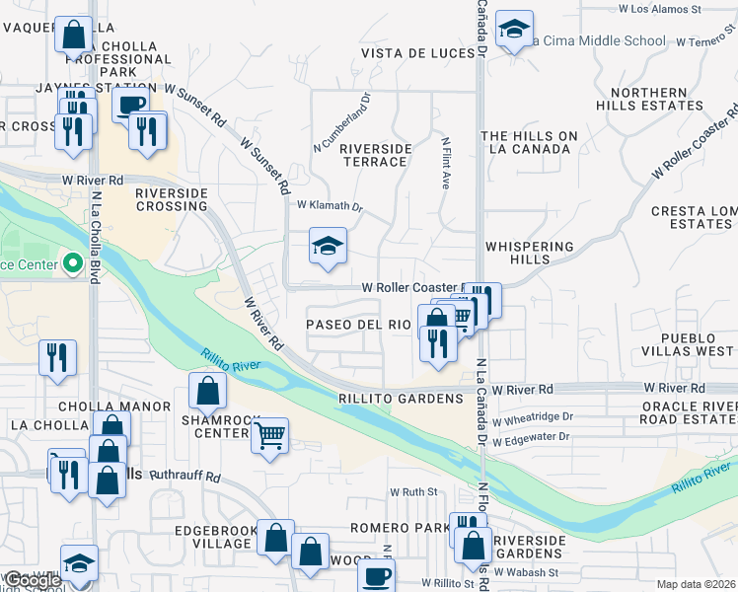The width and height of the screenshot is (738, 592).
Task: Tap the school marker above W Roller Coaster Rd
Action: point(328,247)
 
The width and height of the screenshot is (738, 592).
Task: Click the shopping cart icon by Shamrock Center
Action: point(269,435)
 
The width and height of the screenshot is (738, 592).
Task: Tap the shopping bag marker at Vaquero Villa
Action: point(73,37)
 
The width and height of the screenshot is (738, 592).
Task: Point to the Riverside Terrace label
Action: point(375,155)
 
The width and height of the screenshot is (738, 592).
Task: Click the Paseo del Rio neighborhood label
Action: point(358,324)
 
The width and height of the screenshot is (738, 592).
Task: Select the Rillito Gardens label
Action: point(401,399)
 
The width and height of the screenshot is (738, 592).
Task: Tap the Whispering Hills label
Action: point(528,253)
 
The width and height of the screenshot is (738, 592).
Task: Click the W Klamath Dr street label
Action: point(331,206)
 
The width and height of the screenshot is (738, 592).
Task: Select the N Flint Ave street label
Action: point(445,164)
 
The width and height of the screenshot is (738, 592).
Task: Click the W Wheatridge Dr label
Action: point(532,419)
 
